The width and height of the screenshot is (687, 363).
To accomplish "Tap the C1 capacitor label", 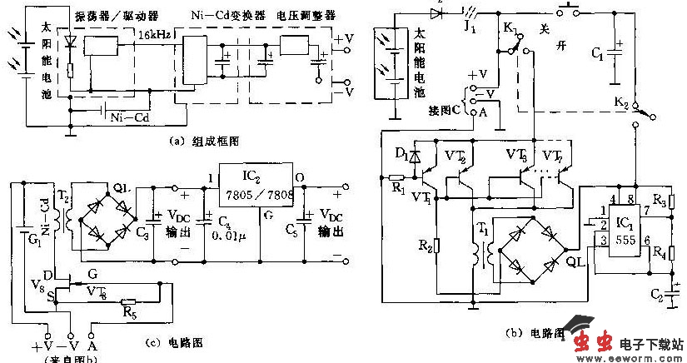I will point(597,57).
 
